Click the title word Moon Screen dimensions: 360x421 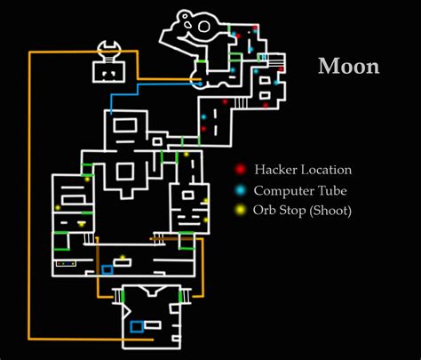coord(349,67)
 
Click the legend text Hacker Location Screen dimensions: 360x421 coord(303,170)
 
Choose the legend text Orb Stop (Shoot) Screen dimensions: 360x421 coord(303,211)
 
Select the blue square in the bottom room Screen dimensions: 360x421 coord(137,326)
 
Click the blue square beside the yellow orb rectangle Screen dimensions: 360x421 coord(107,268)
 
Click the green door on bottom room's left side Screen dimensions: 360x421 coord(122,294)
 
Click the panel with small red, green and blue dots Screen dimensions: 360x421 coord(65,263)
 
